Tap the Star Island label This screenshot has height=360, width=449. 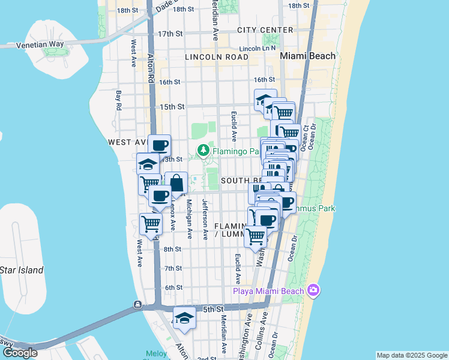pyautogui.click(x=22, y=270)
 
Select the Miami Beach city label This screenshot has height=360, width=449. pyautogui.click(x=307, y=56)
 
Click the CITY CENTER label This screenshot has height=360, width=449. pyautogui.click(x=265, y=30)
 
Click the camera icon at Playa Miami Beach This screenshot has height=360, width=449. pyautogui.click(x=313, y=291)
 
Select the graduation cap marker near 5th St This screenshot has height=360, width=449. pyautogui.click(x=184, y=318)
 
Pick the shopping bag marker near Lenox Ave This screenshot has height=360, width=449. pyautogui.click(x=176, y=183)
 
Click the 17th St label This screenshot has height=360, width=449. pyautogui.click(x=170, y=34)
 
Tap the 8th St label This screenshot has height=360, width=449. pyautogui.click(x=172, y=249)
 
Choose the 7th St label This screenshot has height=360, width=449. pyautogui.click(x=173, y=268)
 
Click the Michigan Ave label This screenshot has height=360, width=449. pyautogui.click(x=190, y=219)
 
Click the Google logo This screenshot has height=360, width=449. pyautogui.click(x=19, y=353)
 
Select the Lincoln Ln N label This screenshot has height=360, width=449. pyautogui.click(x=257, y=48)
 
